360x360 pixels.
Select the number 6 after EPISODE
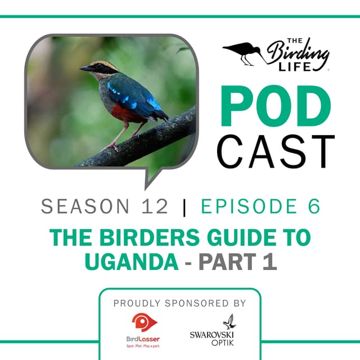[314, 206]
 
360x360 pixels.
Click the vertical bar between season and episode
[184, 206]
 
